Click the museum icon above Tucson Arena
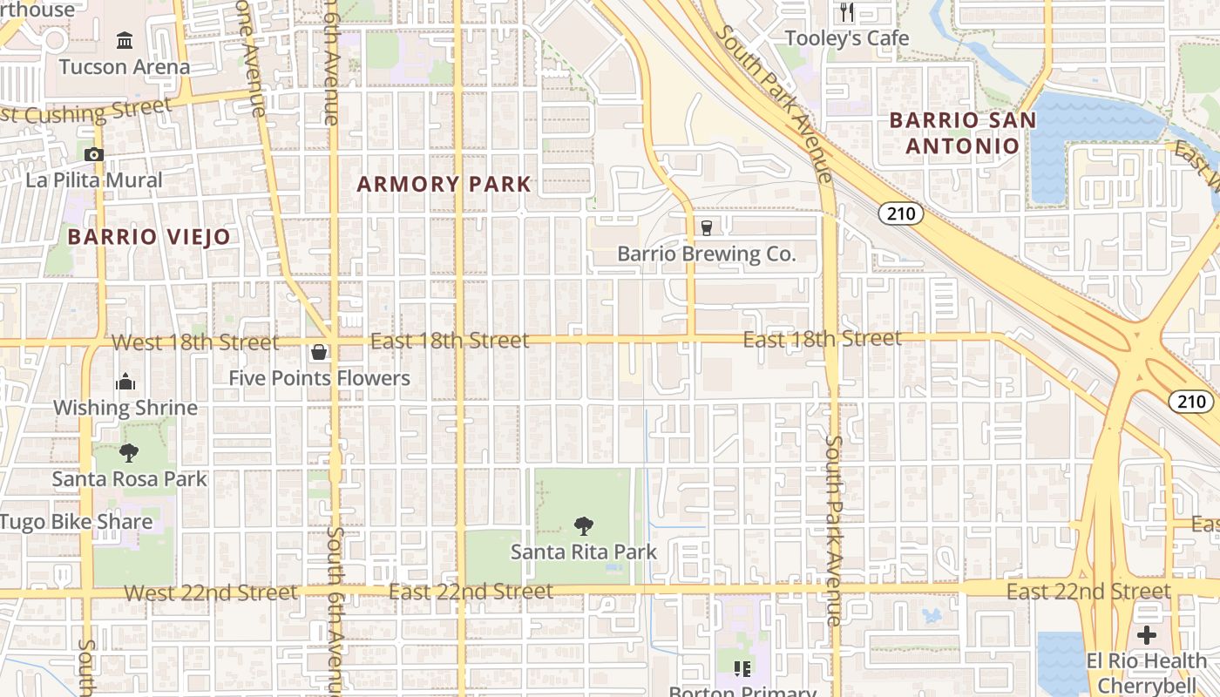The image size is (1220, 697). pyautogui.click(x=125, y=40)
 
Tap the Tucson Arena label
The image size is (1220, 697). pyautogui.click(x=125, y=67)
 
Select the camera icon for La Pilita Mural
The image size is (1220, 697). pyautogui.click(x=94, y=155)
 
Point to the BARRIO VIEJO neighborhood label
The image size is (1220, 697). pyautogui.click(x=149, y=236)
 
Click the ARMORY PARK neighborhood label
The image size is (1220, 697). pyautogui.click(x=444, y=184)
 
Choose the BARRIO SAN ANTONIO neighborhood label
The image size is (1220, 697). pyautogui.click(x=962, y=132)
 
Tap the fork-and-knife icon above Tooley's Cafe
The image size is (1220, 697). pyautogui.click(x=847, y=12)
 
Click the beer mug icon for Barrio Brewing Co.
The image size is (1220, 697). pyautogui.click(x=707, y=228)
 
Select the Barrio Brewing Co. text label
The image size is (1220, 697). pyautogui.click(x=707, y=254)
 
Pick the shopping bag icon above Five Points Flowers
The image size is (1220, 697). pyautogui.click(x=319, y=353)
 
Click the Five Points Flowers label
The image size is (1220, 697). pyautogui.click(x=319, y=378)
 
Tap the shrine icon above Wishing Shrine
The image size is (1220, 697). pyautogui.click(x=125, y=382)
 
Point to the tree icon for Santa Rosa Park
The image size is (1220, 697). pyautogui.click(x=129, y=453)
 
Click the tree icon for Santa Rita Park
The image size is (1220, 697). pyautogui.click(x=584, y=525)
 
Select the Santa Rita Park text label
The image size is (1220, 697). pyautogui.click(x=584, y=552)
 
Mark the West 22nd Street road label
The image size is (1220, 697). pyautogui.click(x=211, y=593)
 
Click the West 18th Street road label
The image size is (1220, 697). pyautogui.click(x=195, y=342)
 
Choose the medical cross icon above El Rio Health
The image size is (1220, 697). pyautogui.click(x=1147, y=635)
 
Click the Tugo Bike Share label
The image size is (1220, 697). pyautogui.click(x=77, y=522)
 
